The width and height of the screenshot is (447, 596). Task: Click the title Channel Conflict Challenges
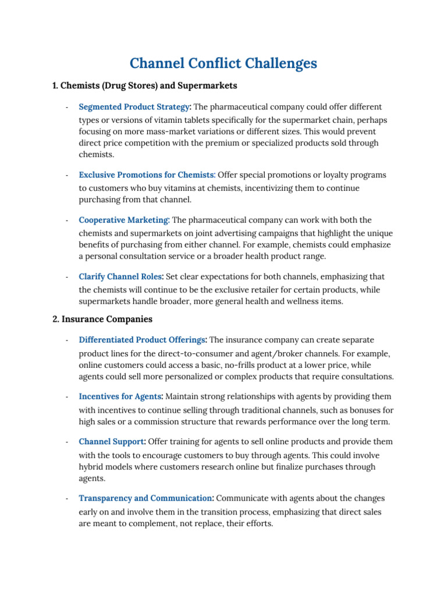click(223, 63)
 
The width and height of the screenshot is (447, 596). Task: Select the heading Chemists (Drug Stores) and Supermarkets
click(145, 86)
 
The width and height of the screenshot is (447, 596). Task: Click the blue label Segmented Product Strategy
click(134, 107)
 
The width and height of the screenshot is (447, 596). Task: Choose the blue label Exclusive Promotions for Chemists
click(147, 175)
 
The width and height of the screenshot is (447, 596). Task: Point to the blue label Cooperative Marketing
click(123, 220)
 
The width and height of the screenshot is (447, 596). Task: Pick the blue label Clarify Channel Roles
click(120, 276)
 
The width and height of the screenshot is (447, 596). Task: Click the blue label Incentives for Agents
click(120, 396)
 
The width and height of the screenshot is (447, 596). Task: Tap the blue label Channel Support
click(111, 442)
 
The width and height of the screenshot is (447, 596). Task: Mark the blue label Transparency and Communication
click(146, 498)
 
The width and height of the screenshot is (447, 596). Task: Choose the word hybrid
click(92, 467)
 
